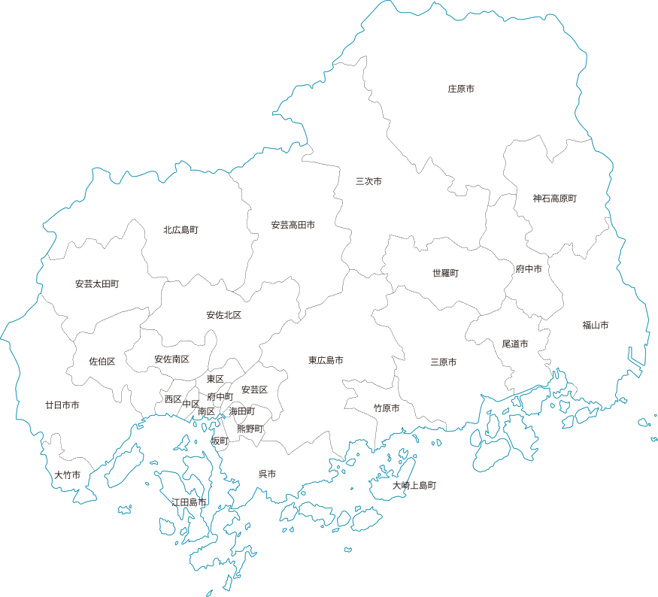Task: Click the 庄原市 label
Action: coord(461,89)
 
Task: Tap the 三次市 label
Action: coord(368,181)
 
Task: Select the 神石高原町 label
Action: coord(554,198)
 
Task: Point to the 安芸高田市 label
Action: coord(293,225)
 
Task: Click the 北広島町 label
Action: coord(180,229)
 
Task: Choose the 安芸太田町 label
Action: coord(97,284)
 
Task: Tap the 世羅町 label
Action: coord(445,273)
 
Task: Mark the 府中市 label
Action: coord(529,268)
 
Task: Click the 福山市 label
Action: coord(595,326)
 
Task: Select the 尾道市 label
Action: coord(515,344)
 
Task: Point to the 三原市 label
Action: coord(444,362)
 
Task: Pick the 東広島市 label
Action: coord(326,361)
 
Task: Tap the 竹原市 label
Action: coord(387,408)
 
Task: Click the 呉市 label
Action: coord(267,474)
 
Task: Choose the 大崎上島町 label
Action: coord(414,486)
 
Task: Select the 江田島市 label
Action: coord(189,502)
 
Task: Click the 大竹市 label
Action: coord(67,475)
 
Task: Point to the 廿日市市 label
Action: coord(62,405)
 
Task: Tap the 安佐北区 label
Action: coord(223,315)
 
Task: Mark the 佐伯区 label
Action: coord(102,362)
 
